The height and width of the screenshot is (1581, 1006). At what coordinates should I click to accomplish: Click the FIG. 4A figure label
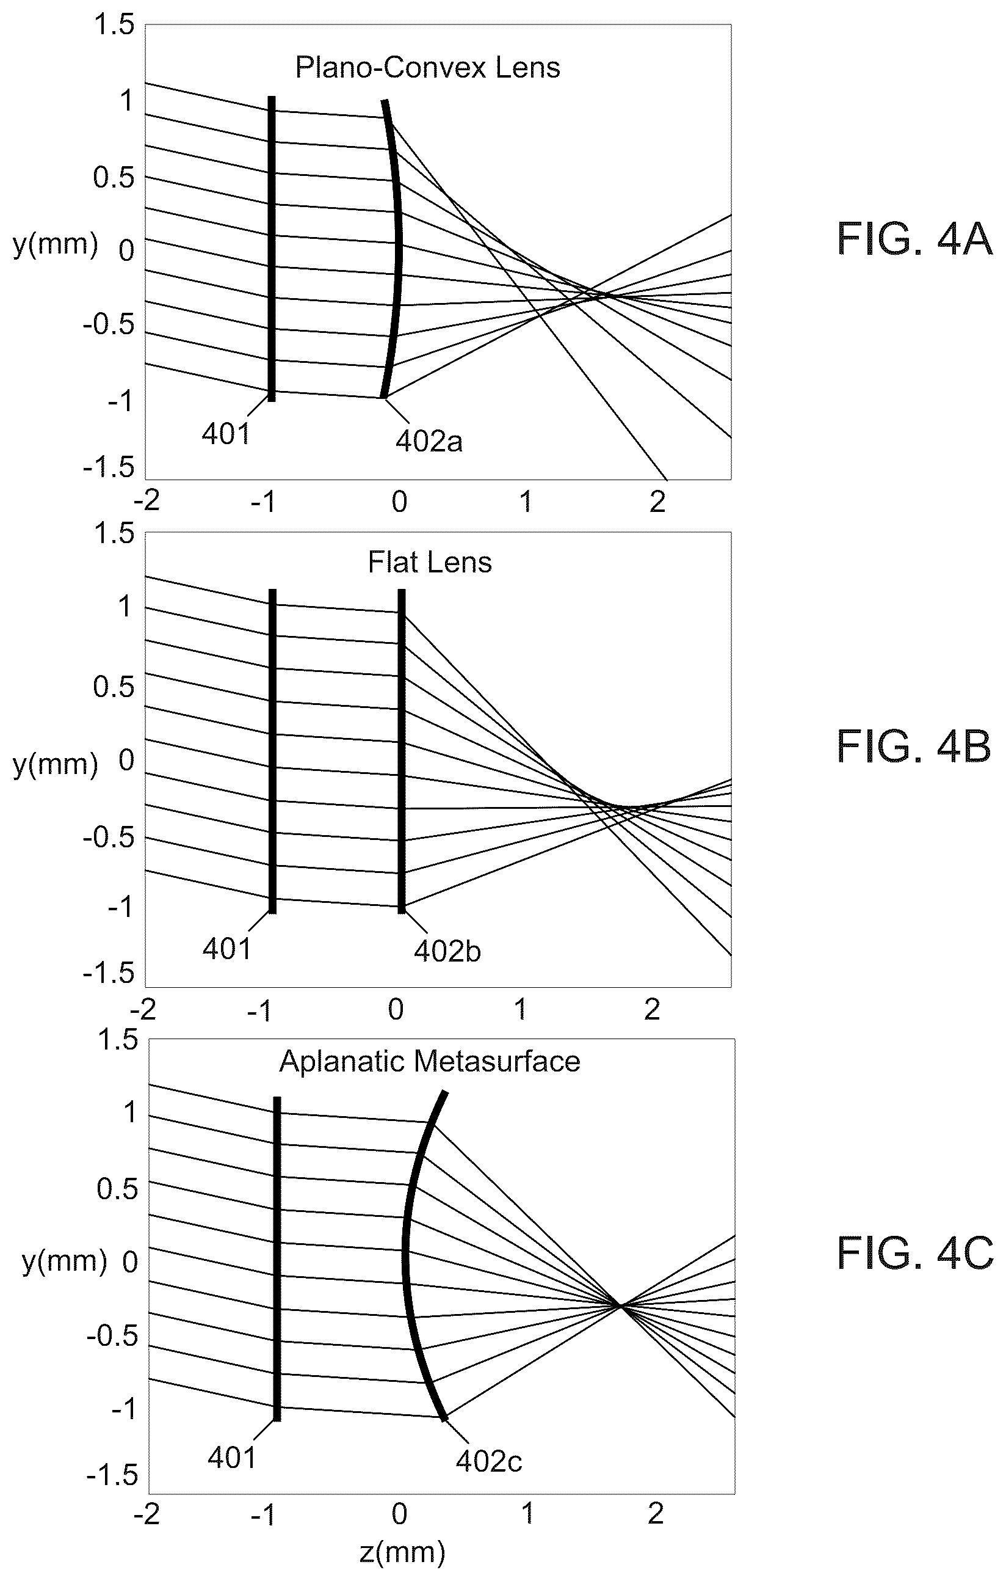914,239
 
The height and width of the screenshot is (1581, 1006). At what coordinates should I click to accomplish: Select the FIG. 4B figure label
914,747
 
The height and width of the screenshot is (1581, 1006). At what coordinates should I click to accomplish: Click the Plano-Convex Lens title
428,68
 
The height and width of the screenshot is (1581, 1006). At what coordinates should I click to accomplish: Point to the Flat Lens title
430,563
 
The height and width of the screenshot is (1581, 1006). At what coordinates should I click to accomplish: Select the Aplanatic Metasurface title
430,1062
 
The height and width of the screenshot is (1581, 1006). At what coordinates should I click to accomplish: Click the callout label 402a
429,441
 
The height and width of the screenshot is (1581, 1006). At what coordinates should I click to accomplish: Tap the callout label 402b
447,951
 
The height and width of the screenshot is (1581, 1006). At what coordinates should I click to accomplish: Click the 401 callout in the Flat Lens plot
227,949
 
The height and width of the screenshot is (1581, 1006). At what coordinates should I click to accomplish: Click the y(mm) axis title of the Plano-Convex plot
55,244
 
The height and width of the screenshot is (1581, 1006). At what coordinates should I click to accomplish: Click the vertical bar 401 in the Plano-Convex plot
272,248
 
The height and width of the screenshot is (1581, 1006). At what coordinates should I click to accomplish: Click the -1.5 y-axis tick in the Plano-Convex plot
108,468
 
